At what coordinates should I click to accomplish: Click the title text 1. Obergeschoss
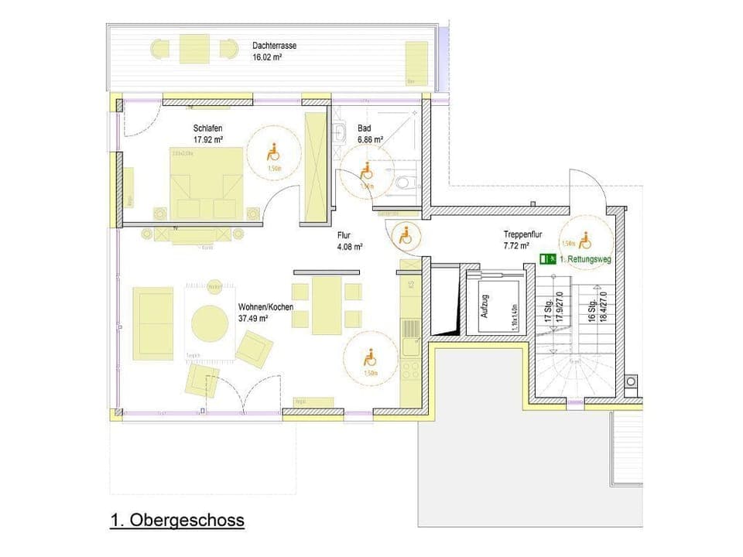pos(177,520)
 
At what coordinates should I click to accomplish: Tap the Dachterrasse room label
pos(274,46)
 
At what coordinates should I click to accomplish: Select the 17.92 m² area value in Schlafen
pos(208,140)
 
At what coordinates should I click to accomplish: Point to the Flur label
pos(344,237)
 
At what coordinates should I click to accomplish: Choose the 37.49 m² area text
pos(254,318)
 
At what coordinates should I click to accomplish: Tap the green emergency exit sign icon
pos(549,259)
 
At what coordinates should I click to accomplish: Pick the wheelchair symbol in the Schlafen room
pos(272,152)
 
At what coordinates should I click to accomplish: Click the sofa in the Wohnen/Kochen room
pos(152,323)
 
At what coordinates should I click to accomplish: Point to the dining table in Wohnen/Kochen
pos(327,305)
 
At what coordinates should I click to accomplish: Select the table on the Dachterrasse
pos(193,50)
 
